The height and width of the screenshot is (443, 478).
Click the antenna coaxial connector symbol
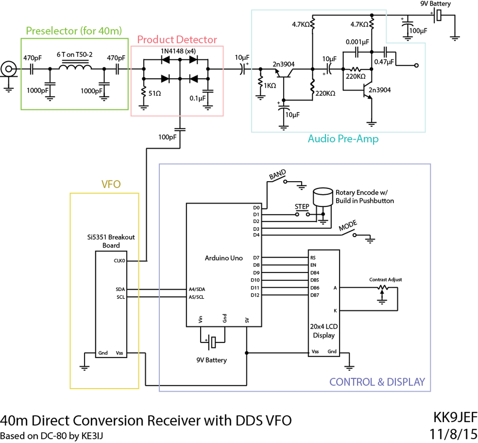(9, 69)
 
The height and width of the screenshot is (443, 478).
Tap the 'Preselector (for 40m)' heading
(74, 31)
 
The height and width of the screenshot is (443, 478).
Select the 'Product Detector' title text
(177, 40)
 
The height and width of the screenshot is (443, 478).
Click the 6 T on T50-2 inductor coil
(75, 66)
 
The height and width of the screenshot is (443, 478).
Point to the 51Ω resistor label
(155, 93)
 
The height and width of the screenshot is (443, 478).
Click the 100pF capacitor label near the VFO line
(167, 137)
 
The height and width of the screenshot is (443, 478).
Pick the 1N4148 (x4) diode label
(179, 51)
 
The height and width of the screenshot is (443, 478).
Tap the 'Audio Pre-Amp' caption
(343, 139)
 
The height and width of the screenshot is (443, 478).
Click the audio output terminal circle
(416, 65)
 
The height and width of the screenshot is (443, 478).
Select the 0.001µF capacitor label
(357, 42)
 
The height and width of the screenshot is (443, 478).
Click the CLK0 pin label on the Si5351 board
(119, 261)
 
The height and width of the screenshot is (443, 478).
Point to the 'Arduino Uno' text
(224, 258)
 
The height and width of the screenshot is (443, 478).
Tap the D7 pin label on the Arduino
(256, 258)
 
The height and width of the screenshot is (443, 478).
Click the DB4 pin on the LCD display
(315, 273)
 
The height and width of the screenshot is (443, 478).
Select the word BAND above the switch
(277, 175)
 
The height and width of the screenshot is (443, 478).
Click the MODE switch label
(348, 226)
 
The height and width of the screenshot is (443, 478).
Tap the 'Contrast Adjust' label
(385, 280)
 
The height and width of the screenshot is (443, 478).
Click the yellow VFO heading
(111, 185)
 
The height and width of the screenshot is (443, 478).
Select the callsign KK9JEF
(455, 417)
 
